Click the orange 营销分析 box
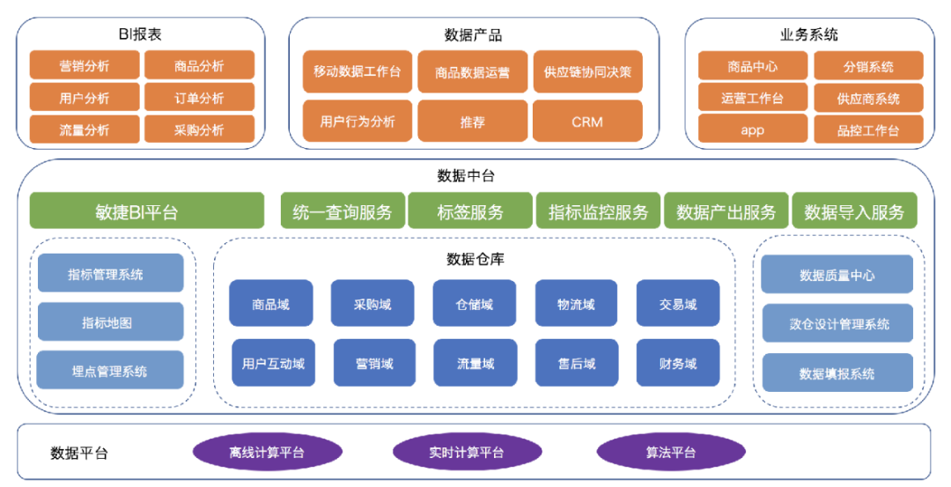[x=85, y=65]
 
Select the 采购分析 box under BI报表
[x=199, y=129]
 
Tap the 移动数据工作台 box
[x=357, y=71]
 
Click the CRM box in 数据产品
[x=587, y=122]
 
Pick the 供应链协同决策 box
[x=587, y=71]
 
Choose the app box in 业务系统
[x=752, y=129]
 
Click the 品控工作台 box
[x=868, y=129]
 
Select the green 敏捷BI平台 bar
[x=146, y=211]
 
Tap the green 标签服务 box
[x=470, y=211]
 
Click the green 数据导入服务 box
[x=854, y=211]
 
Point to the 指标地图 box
[x=110, y=322]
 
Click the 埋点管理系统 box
[x=110, y=371]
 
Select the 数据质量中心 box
[x=837, y=275]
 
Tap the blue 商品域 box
[x=270, y=304]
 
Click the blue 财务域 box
[x=678, y=363]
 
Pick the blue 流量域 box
[x=475, y=363]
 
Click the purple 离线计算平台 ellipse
[x=267, y=453]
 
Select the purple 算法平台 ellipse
[x=670, y=453]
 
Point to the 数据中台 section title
[x=472, y=175]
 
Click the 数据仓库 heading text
[x=475, y=259]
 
